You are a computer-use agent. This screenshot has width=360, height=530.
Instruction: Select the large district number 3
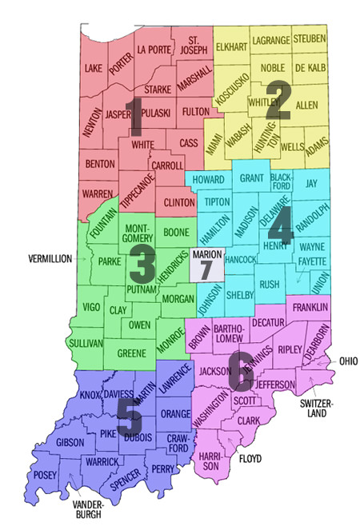143,261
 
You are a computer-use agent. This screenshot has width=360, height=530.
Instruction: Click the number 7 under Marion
206,269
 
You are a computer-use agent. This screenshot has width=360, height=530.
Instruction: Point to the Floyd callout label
251,460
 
